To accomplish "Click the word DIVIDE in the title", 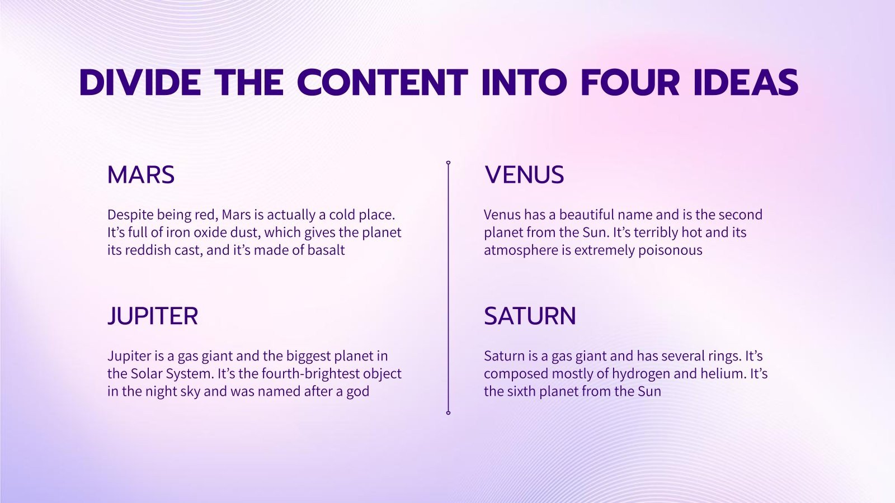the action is click(140, 83).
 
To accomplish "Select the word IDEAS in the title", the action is click(746, 83).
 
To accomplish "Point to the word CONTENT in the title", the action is click(383, 83).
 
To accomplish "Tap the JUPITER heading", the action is click(153, 316).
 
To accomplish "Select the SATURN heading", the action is click(530, 316).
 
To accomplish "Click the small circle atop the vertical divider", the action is click(448, 163).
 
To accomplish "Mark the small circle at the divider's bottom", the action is click(448, 413).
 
